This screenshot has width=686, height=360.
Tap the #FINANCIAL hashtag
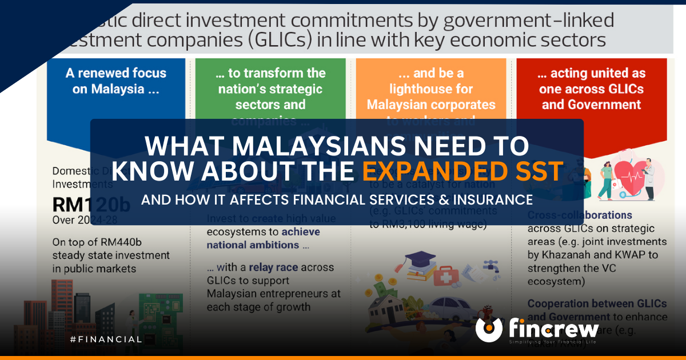click(x=106, y=339)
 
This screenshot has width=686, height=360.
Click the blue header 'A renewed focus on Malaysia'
click(x=116, y=81)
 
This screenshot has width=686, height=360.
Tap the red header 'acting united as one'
click(x=592, y=89)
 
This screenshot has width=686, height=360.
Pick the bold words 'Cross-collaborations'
click(x=580, y=215)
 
